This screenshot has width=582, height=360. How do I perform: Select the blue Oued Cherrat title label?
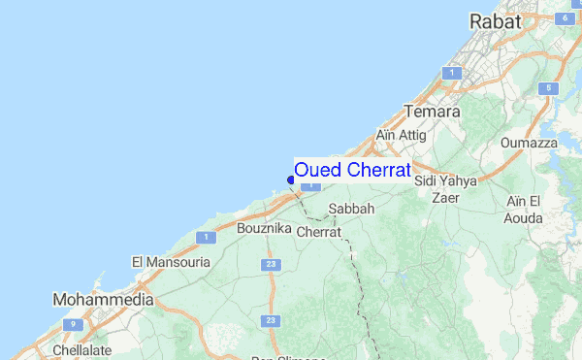pos(352,169)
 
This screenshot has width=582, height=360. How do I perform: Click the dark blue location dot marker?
pos(291,179)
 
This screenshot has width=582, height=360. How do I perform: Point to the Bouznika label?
pos(263,228)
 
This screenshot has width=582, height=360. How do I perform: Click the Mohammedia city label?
pos(103,300)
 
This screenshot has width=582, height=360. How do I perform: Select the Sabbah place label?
pos(351,209)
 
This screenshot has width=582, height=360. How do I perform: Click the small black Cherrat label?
pos(319,233)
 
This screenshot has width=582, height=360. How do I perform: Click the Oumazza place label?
pos(530,143)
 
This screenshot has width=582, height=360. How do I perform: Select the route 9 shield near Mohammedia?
pos(71,325)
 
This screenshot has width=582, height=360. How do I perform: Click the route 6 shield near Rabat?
pos(564,16)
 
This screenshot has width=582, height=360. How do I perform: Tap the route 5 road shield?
pos(548,88)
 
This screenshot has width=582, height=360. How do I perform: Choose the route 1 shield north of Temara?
pos(451,73)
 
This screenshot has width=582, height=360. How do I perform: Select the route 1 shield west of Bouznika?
pos(205,237)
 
